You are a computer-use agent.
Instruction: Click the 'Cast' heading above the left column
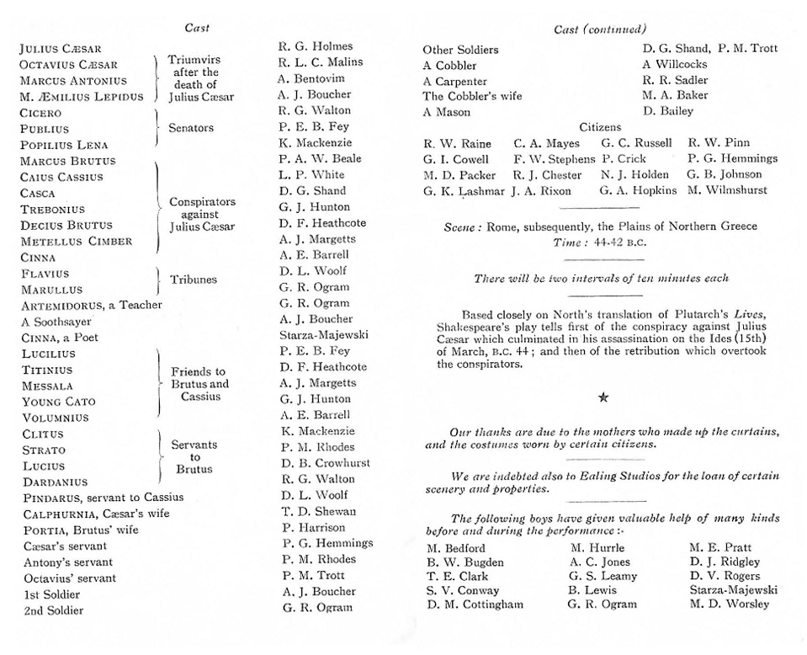(197, 28)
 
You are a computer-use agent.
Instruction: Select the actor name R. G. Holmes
(316, 46)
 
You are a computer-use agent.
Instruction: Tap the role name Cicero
(40, 113)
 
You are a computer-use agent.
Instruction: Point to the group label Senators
(191, 128)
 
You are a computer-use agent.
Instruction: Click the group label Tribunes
(194, 280)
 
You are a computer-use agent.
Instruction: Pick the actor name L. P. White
(311, 174)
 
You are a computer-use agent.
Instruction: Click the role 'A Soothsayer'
(56, 322)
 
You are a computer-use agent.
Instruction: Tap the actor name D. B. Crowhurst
(326, 463)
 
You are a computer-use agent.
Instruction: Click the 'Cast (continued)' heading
(600, 29)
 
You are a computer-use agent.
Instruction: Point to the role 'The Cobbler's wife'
(472, 96)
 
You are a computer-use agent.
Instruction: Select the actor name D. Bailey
(668, 112)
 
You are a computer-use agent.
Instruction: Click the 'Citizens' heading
(600, 127)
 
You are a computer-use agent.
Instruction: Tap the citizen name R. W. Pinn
(719, 143)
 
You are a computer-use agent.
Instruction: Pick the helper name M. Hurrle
(597, 548)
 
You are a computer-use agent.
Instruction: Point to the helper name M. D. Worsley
(729, 604)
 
